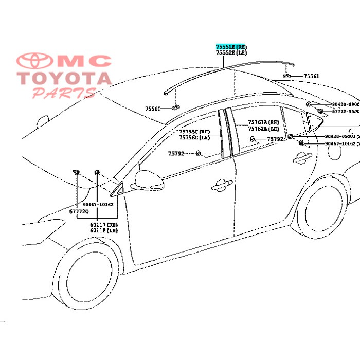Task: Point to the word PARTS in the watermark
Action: [64, 93]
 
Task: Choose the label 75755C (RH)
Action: [194, 132]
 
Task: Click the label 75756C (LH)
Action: [194, 138]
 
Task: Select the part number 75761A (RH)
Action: [263, 122]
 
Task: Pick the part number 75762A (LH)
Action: [263, 129]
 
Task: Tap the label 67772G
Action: [79, 211]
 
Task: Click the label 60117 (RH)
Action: [104, 225]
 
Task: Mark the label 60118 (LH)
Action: [104, 231]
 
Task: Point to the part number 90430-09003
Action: [340, 136]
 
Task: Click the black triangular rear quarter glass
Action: [313, 121]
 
